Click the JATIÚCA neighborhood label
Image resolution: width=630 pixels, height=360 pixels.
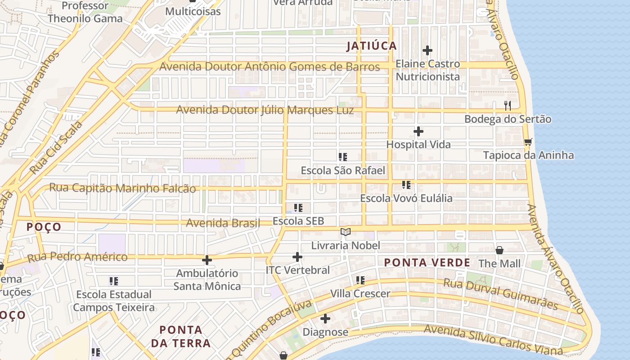(372, 46)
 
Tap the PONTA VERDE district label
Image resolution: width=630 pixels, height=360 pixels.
(427, 262)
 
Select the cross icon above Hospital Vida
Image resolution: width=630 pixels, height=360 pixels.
(418, 131)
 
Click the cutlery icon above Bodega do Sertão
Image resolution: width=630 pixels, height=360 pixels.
(508, 106)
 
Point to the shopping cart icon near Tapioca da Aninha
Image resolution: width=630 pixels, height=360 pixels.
(528, 142)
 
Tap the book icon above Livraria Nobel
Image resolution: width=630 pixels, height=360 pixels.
(346, 232)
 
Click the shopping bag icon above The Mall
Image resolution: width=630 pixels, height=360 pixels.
(499, 250)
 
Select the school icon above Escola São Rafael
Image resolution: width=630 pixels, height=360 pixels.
(343, 157)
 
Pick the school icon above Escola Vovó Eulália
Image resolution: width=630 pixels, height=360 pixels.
(406, 185)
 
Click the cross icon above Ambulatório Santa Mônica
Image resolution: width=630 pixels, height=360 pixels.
(207, 260)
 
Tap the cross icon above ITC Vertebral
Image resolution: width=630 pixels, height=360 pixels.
(297, 257)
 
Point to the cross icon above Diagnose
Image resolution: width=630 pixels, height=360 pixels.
(325, 319)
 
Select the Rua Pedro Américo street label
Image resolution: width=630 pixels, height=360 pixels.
(77, 257)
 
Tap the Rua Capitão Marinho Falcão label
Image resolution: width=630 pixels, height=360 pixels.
(122, 188)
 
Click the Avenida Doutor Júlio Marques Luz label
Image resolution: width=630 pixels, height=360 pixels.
(265, 110)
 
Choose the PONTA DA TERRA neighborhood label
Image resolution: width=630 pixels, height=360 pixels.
(180, 337)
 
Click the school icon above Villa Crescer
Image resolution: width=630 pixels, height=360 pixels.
(360, 280)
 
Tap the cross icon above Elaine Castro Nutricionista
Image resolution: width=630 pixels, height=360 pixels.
(427, 50)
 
